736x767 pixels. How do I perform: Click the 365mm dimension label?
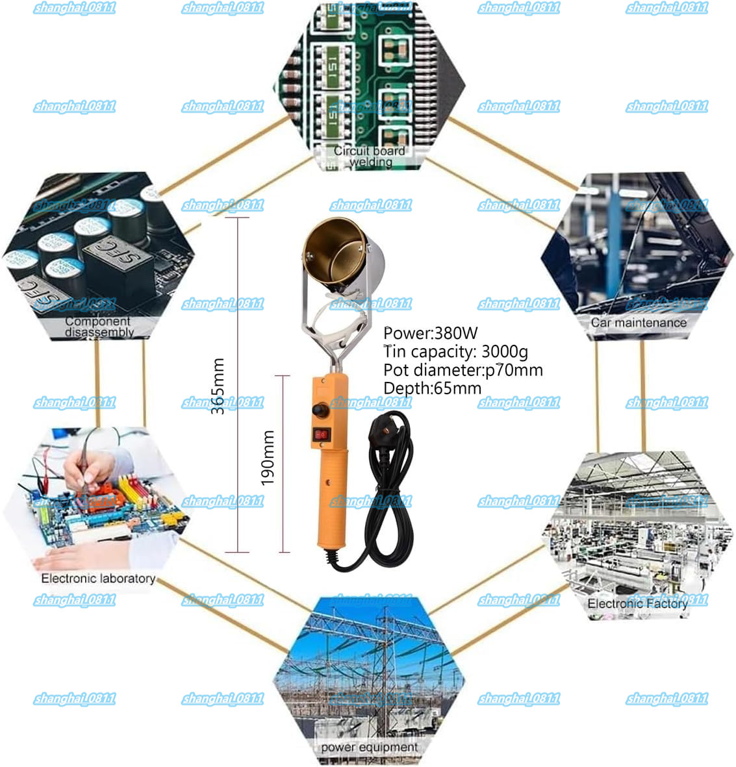click(219, 386)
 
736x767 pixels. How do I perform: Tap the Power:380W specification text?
click(430, 334)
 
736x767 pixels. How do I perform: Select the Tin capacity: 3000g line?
click(455, 352)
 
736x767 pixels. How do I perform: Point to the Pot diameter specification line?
click(463, 370)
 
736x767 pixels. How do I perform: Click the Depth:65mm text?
click(432, 388)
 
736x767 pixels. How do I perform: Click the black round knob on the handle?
click(320, 410)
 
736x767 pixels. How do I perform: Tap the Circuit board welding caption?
click(369, 157)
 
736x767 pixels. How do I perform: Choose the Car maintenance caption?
click(638, 322)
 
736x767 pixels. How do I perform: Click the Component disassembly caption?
click(98, 327)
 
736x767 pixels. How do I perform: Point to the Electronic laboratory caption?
click(98, 578)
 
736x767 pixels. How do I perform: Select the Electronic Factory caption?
click(637, 603)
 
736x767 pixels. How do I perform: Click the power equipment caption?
click(369, 748)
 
